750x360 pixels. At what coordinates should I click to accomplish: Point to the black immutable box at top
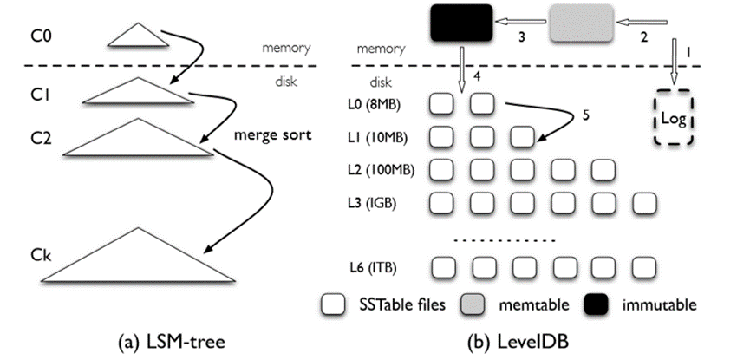tap(460, 23)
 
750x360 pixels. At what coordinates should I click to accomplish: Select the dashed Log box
tap(672, 118)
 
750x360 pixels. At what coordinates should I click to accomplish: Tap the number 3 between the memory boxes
tap(523, 38)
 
